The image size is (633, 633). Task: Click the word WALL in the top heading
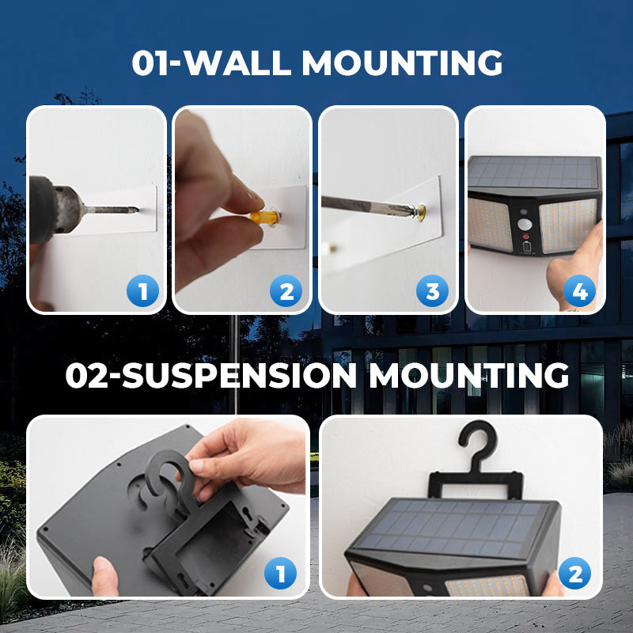[x=237, y=63]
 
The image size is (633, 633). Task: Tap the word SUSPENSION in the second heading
[x=240, y=375]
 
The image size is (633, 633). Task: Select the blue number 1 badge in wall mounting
[x=142, y=290]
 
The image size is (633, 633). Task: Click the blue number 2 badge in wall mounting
[x=286, y=290]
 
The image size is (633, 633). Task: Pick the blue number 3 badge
[x=432, y=290]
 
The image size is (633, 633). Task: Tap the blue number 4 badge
[x=579, y=290]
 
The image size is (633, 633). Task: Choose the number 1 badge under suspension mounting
[x=280, y=573]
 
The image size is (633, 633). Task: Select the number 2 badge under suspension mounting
[x=574, y=573]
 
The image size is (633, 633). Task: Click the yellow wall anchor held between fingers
[x=265, y=217]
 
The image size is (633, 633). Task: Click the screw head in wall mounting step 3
[x=420, y=212]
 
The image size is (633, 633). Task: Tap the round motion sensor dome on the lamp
[x=525, y=224]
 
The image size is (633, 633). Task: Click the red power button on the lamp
[x=526, y=237]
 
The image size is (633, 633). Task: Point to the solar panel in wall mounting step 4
[x=533, y=172]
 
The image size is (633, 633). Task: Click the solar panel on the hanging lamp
[x=452, y=527]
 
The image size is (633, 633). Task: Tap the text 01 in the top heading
[x=150, y=63]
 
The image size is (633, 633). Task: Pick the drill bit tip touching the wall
[x=136, y=210]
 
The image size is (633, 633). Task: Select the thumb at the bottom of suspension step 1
[x=104, y=575]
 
